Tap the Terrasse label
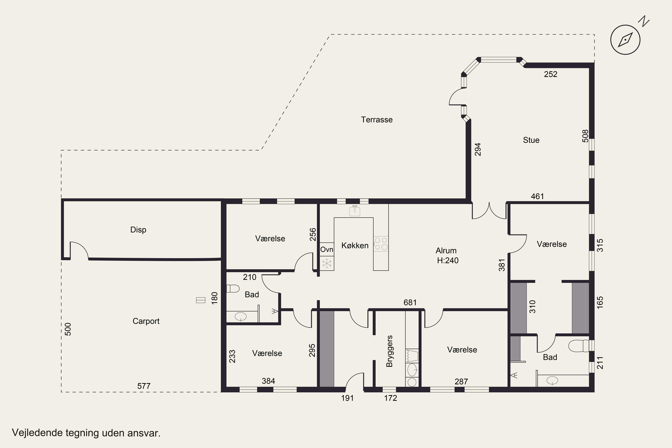(377, 120)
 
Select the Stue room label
(531, 140)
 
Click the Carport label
(146, 321)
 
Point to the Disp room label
(138, 230)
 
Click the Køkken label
(355, 246)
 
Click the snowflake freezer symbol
(327, 263)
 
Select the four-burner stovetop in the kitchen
(381, 243)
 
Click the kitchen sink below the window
(355, 211)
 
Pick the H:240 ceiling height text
(448, 260)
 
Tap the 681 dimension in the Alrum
(410, 302)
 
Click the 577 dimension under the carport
(144, 386)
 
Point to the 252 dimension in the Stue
(551, 74)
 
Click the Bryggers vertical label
(390, 351)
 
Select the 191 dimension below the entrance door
(347, 398)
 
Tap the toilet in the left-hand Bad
(233, 289)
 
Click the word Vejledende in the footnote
(37, 433)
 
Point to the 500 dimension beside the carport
(68, 329)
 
